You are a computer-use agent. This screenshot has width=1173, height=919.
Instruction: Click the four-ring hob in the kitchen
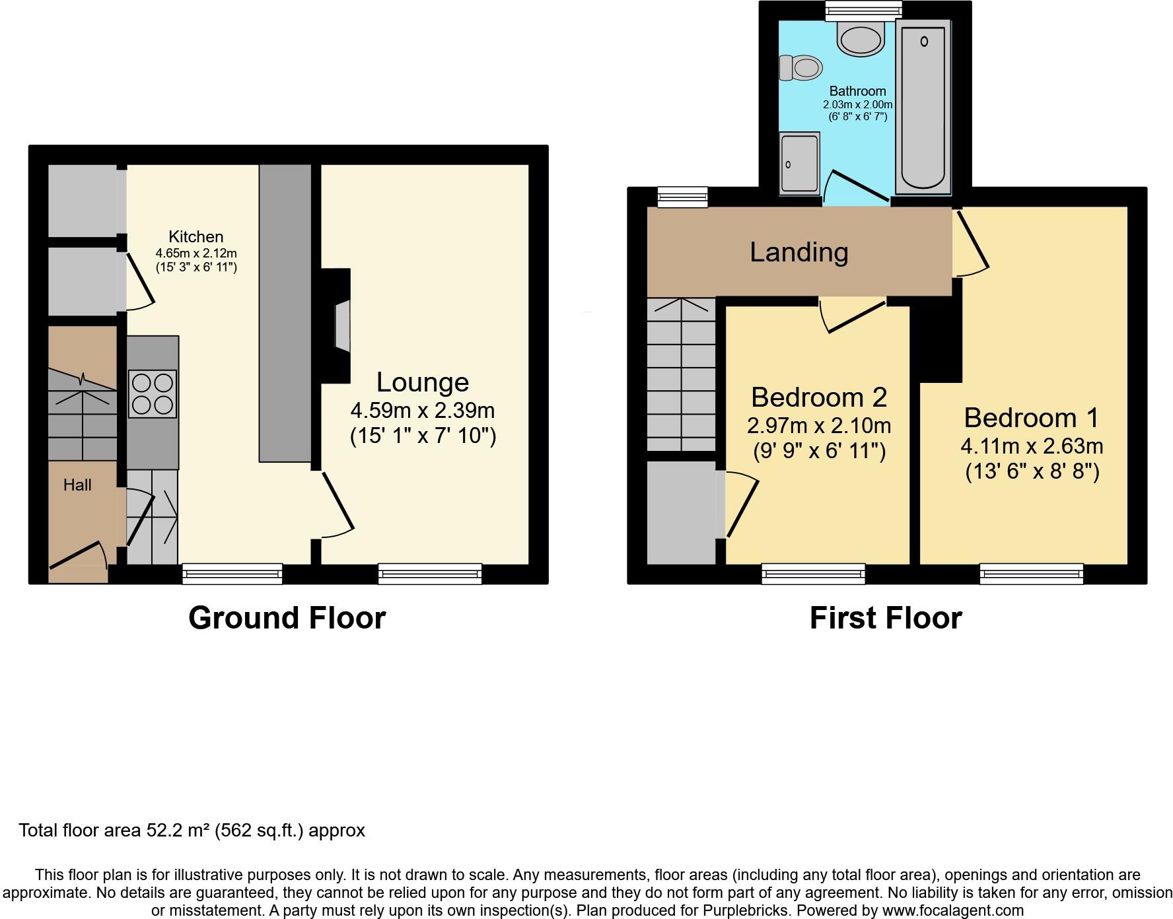pyautogui.click(x=153, y=393)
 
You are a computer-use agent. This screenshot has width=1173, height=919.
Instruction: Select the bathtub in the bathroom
pyautogui.click(x=923, y=106)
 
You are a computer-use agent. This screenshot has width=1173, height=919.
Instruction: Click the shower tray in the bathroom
pyautogui.click(x=799, y=162)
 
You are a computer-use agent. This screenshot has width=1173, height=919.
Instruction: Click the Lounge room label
pyautogui.click(x=423, y=382)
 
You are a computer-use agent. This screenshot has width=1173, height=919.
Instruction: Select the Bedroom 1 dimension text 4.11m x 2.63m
pyautogui.click(x=1032, y=446)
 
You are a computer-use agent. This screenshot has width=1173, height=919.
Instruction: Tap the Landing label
pyautogui.click(x=799, y=252)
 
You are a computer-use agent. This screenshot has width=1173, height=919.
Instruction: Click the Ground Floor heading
pyautogui.click(x=287, y=619)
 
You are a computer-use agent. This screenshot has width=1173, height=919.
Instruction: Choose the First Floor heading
pyautogui.click(x=885, y=619)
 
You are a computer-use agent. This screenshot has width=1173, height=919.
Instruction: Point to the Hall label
pyautogui.click(x=77, y=485)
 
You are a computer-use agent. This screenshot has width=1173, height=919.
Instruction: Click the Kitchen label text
pyautogui.click(x=196, y=236)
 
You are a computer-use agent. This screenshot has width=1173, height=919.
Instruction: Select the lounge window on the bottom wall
pyautogui.click(x=430, y=573)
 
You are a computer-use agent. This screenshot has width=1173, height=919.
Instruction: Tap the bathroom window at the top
pyautogui.click(x=863, y=9)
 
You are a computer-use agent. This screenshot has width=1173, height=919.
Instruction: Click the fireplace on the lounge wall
pyautogui.click(x=341, y=325)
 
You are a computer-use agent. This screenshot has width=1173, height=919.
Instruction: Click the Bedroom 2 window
pyautogui.click(x=813, y=573)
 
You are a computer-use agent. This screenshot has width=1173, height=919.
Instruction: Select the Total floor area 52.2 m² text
pyautogui.click(x=192, y=830)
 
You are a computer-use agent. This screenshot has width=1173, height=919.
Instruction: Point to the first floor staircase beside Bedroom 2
pyautogui.click(x=681, y=374)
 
